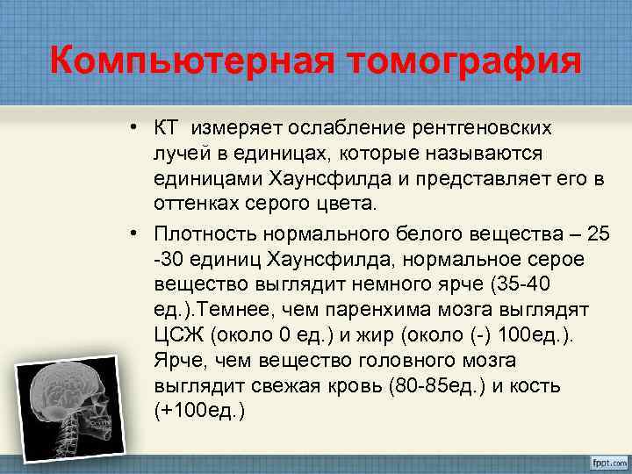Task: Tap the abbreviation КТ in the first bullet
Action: (x=165, y=128)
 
